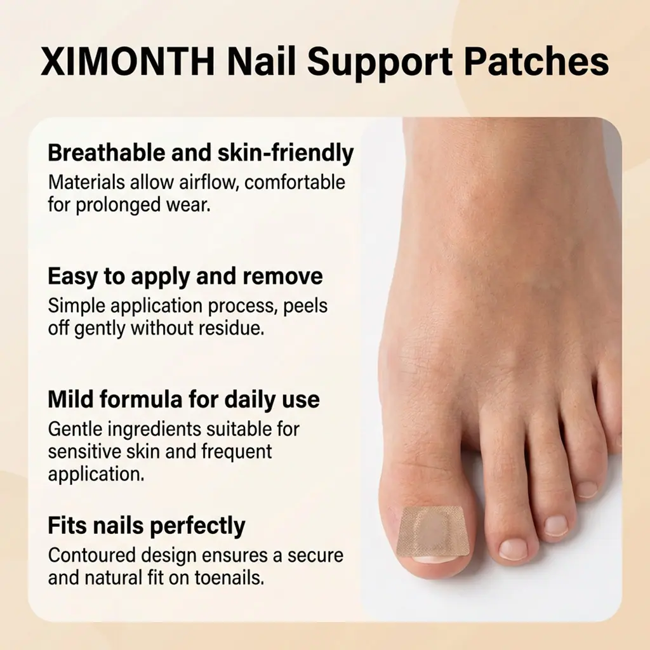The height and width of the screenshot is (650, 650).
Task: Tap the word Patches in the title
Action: (536, 62)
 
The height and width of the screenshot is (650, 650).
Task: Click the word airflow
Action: (208, 182)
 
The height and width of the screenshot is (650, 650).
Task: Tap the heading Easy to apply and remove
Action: (185, 277)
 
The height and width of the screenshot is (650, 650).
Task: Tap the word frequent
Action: (237, 452)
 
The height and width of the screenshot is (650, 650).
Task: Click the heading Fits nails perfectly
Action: (147, 526)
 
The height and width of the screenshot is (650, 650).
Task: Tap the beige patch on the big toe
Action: (433, 532)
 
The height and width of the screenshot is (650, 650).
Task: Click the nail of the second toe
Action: (513, 549)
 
